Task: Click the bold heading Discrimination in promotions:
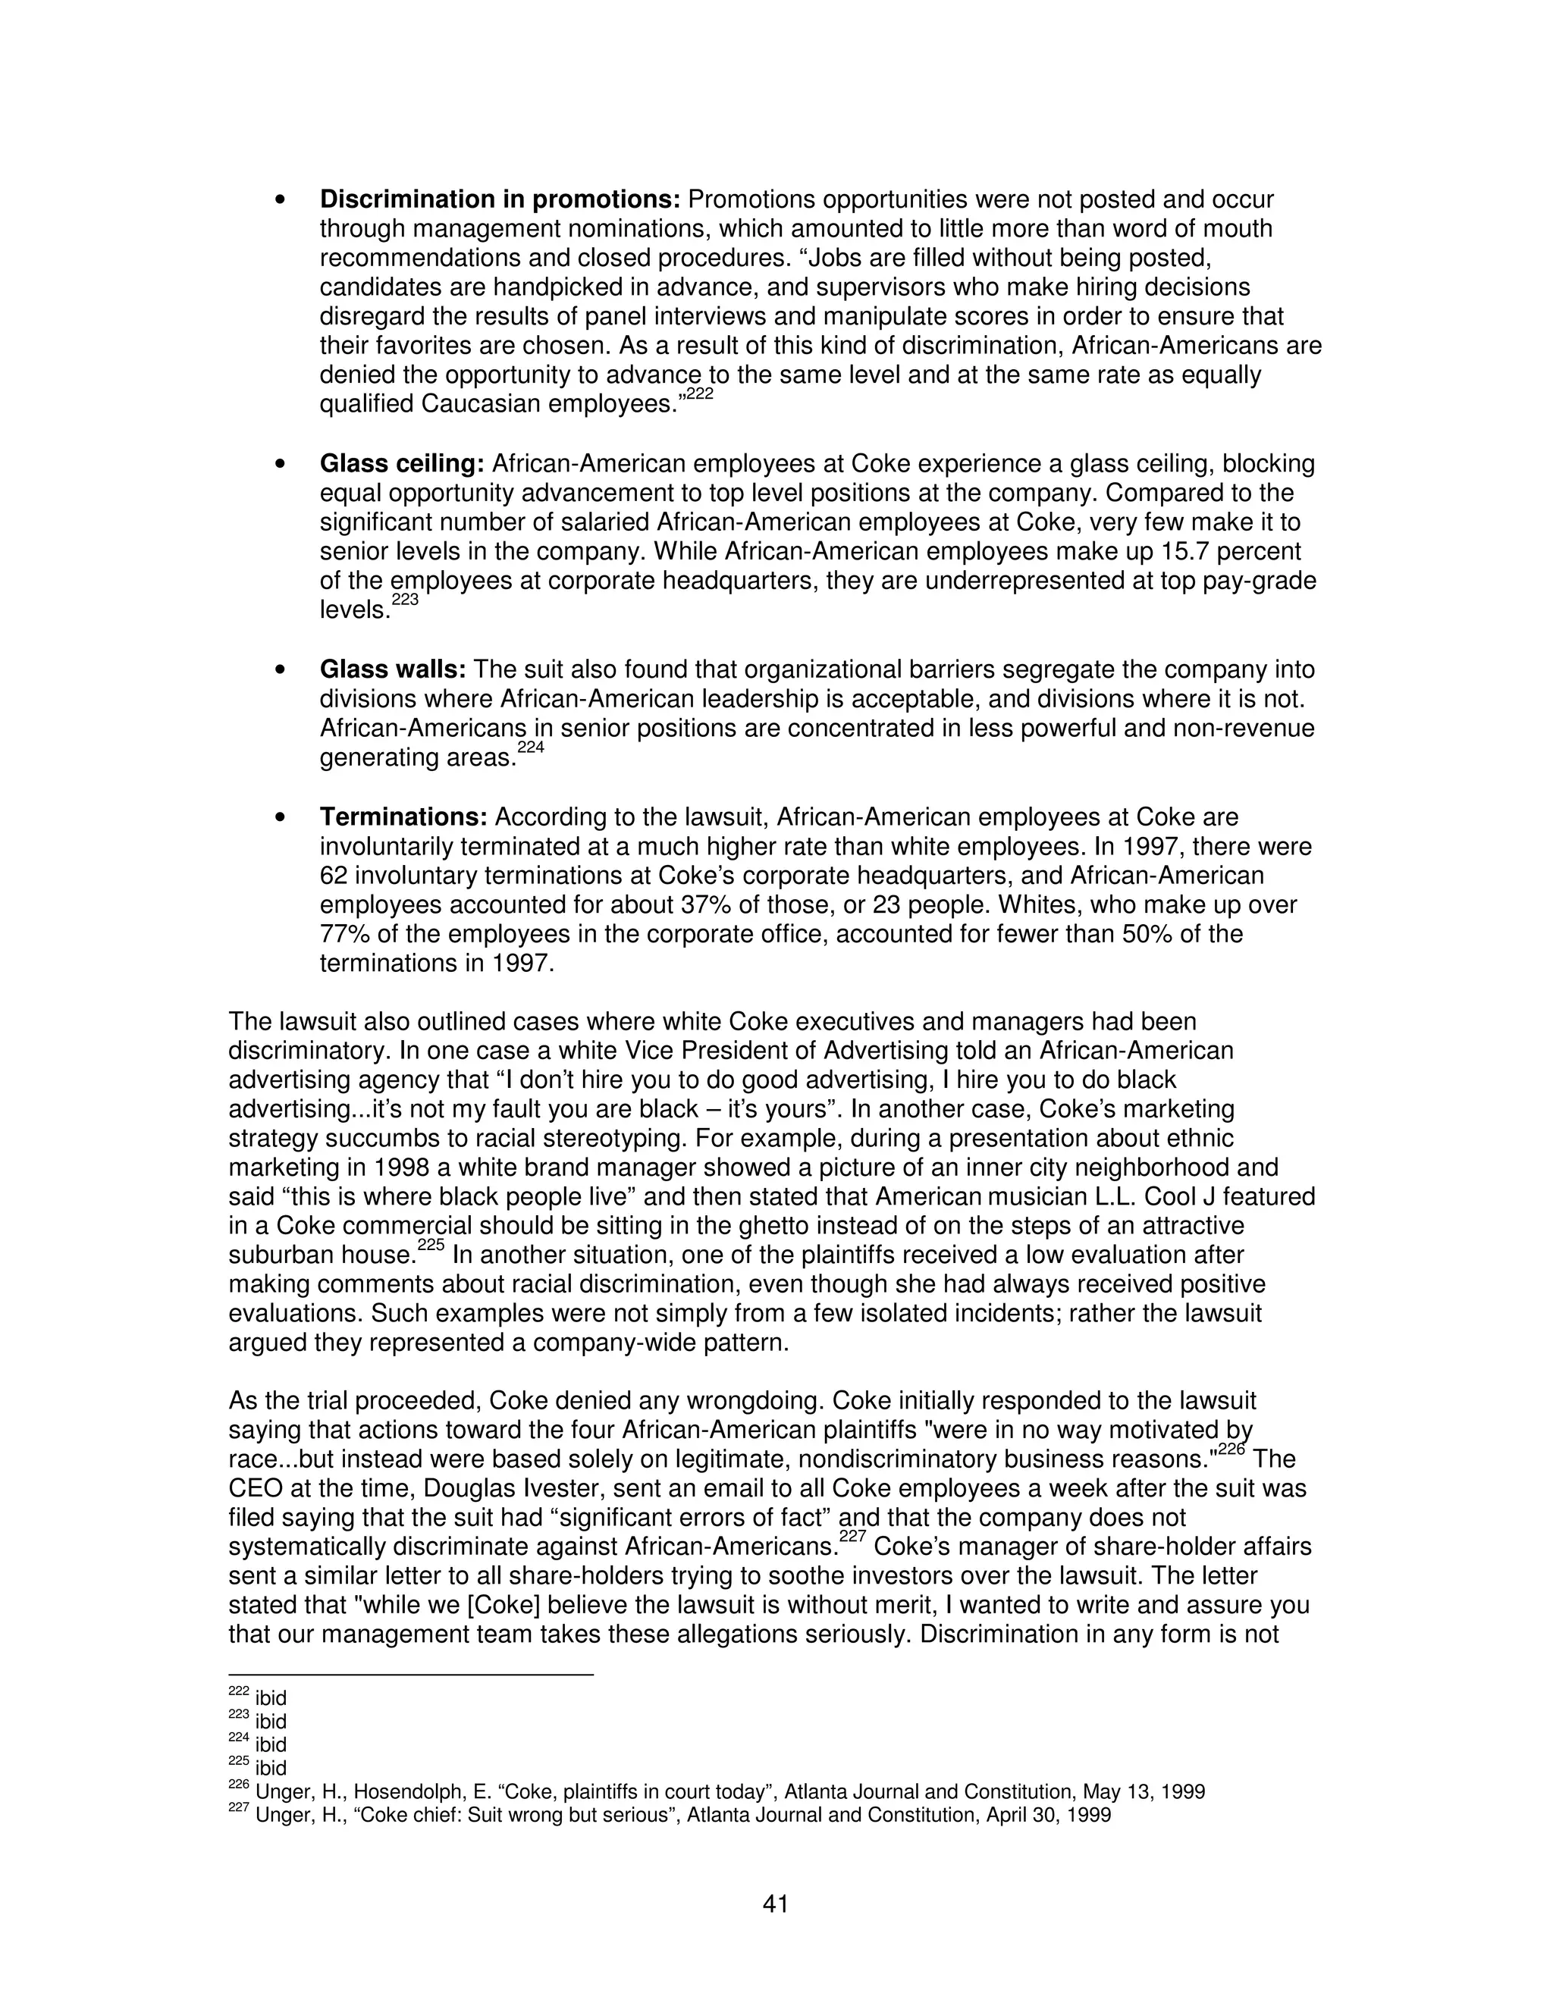[x=500, y=199]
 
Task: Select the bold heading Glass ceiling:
[x=401, y=464]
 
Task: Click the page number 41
[x=776, y=1903]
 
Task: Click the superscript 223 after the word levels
[x=405, y=600]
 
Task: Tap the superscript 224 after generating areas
[x=531, y=747]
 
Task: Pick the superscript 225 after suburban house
[x=431, y=1246]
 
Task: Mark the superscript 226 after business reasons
[x=1232, y=1450]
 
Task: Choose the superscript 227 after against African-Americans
[x=853, y=1538]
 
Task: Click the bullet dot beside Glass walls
[x=281, y=671]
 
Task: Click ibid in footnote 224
[x=271, y=1745]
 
